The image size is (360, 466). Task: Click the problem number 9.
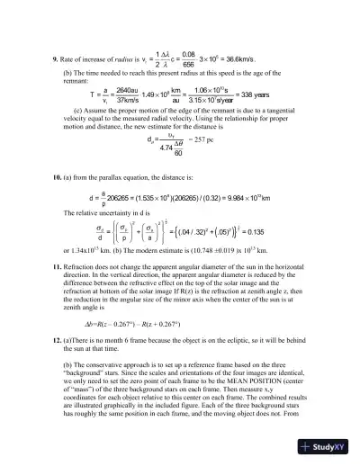coord(45,60)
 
